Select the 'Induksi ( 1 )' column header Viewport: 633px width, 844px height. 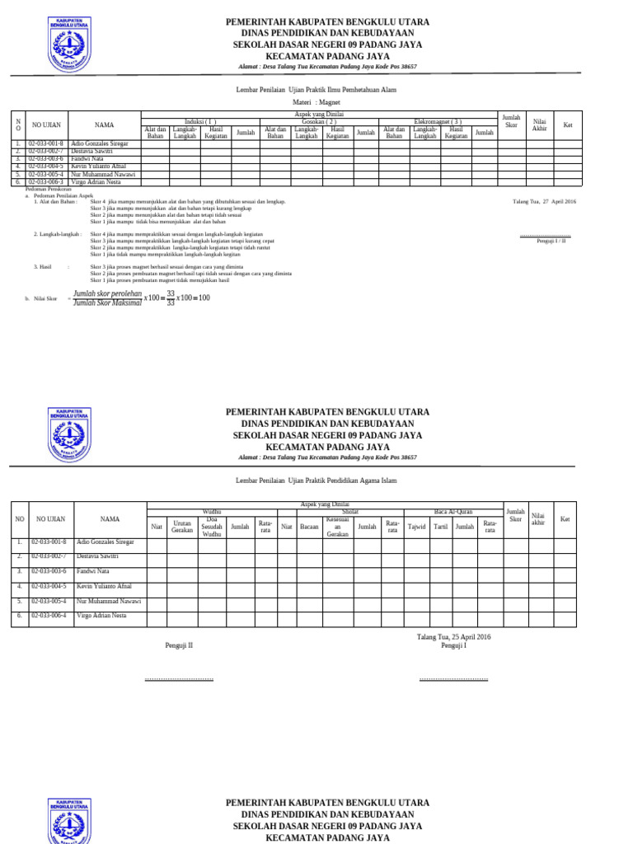click(201, 120)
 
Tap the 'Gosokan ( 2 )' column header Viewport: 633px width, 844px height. click(319, 120)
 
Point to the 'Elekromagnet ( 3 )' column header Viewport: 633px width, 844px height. click(438, 120)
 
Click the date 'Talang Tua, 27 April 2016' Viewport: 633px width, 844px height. click(544, 202)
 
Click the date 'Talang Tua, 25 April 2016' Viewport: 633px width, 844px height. click(453, 637)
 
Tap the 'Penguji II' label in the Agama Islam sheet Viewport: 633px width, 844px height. click(179, 646)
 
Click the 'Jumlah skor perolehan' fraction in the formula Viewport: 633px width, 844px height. click(107, 293)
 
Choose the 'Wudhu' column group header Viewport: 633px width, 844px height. click(211, 512)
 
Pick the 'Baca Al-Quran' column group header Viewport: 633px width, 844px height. click(454, 512)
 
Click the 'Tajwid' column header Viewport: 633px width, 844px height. click(417, 526)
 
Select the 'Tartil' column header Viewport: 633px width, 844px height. click(441, 526)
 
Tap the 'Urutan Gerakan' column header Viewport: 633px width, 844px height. click(182, 526)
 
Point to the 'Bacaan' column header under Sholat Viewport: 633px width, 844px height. click(309, 526)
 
